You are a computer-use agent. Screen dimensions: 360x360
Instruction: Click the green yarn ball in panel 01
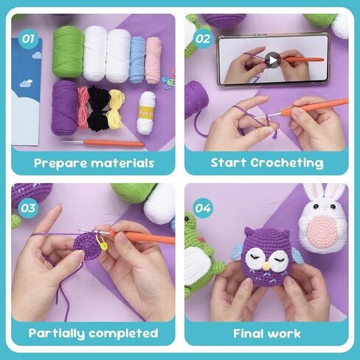pyautogui.click(x=67, y=52)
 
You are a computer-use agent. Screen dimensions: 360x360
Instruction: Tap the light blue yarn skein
pyautogui.click(x=138, y=58)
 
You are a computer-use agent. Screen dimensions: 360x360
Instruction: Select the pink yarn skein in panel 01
pyautogui.click(x=153, y=58)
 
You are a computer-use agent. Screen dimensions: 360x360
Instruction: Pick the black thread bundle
pyautogui.click(x=99, y=107)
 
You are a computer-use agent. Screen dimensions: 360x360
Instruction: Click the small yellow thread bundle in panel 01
pyautogui.click(x=115, y=108)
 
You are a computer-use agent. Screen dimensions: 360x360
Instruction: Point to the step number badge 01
pyautogui.click(x=29, y=36)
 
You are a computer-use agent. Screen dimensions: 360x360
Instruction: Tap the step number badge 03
pyautogui.click(x=29, y=208)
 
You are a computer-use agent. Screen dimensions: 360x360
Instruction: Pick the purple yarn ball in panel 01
pyautogui.click(x=65, y=107)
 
